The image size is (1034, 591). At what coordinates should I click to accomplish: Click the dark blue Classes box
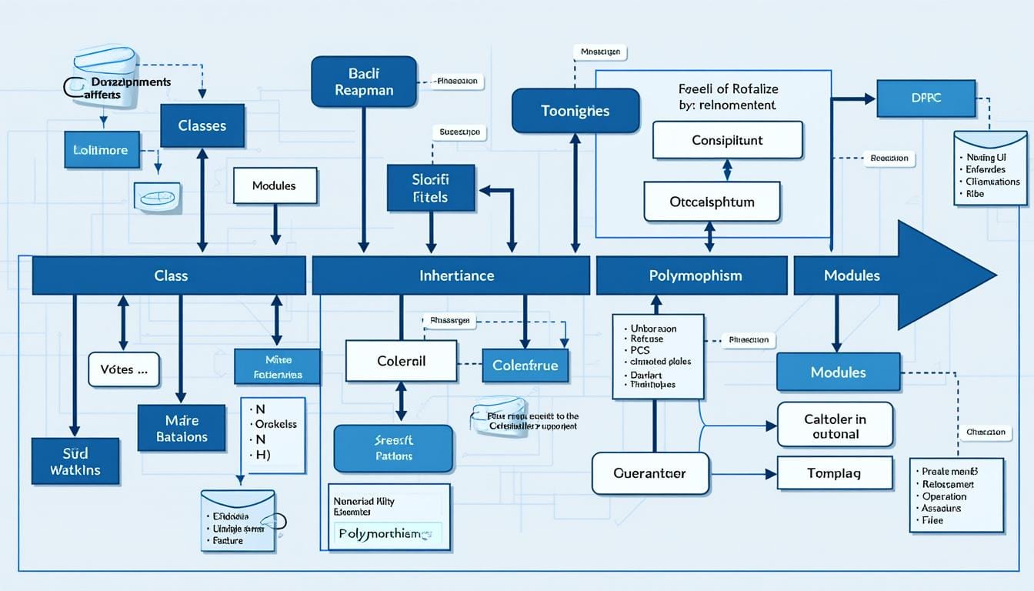tap(202, 125)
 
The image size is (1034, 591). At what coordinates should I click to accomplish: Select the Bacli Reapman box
tap(364, 81)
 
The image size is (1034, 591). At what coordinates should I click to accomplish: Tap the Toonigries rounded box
tap(575, 111)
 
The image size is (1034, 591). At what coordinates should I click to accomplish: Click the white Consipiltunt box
tap(727, 140)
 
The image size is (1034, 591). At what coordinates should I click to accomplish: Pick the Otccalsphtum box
tap(712, 202)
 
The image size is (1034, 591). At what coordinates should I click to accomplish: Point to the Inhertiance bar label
tap(457, 275)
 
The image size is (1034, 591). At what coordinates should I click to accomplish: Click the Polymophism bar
tap(691, 275)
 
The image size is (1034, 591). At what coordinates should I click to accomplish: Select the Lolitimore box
tap(102, 149)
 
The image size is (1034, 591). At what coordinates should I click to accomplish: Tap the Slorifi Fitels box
tap(429, 188)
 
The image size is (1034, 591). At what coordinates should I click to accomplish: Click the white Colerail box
tap(401, 361)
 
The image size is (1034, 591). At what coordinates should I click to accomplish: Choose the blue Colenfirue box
tap(525, 366)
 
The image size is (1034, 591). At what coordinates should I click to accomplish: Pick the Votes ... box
tap(124, 369)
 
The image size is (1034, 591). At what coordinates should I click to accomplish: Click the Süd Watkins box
tap(75, 461)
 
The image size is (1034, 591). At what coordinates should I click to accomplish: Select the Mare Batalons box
tap(182, 428)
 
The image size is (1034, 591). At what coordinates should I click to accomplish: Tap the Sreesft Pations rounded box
tap(393, 448)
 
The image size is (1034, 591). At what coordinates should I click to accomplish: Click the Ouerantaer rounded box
tap(650, 473)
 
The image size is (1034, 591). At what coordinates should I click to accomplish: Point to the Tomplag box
tap(835, 472)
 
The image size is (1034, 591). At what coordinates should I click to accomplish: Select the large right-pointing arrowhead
tap(942, 275)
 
